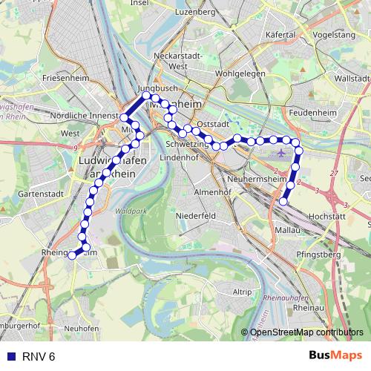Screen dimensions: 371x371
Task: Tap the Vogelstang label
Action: click(x=333, y=34)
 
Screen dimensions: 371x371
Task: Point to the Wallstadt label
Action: click(x=352, y=78)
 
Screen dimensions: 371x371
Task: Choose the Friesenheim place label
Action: click(x=65, y=77)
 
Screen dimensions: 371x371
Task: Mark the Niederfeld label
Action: click(x=196, y=215)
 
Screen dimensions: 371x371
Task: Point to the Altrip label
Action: click(x=242, y=292)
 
